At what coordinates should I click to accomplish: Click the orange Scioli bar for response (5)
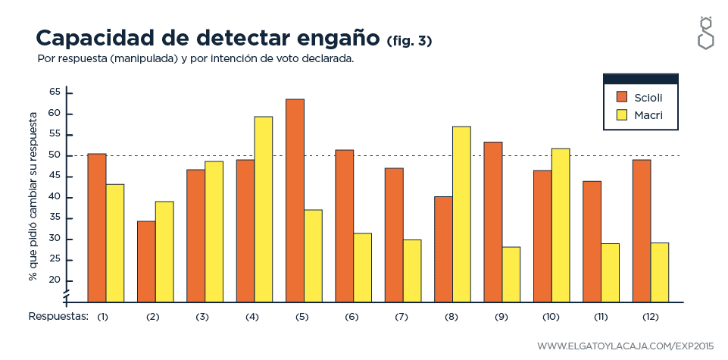295,200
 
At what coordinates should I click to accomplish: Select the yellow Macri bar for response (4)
264,208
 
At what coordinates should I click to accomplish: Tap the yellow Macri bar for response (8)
461,213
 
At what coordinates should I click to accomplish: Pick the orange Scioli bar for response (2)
146,261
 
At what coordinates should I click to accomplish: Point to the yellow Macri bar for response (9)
511,274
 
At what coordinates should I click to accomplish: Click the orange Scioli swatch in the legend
623,96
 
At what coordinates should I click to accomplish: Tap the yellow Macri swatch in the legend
623,114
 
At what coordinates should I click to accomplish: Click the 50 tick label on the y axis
54,155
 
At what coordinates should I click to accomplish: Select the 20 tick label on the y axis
54,280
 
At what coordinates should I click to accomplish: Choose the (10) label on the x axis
551,316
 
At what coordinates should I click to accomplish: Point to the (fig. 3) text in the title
409,40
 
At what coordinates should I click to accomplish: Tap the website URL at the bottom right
625,346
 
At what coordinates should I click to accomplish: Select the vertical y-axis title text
33,197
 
